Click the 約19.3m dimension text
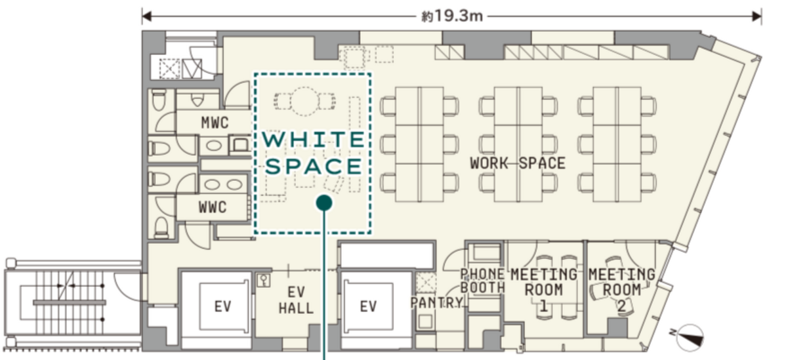point(451,16)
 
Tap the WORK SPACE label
point(517,163)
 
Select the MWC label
point(215,122)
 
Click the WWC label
point(212,207)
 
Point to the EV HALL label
point(296,300)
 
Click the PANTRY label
point(436,302)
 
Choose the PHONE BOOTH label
point(482,281)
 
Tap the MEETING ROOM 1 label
point(543,290)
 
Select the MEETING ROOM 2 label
point(621,290)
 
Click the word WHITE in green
point(314,140)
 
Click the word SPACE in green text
point(314,167)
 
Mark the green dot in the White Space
point(324,202)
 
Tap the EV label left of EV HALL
point(222,306)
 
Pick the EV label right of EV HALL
point(368,306)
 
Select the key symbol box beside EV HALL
point(264,280)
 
